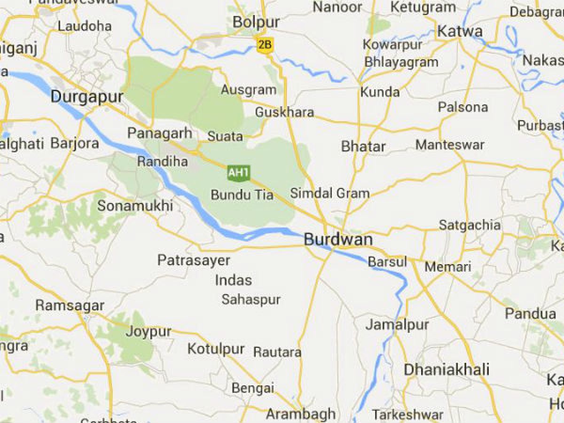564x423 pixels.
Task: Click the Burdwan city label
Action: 338,240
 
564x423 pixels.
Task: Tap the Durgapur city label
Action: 87,97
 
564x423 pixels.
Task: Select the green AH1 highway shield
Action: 238,172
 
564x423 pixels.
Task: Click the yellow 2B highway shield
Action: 265,44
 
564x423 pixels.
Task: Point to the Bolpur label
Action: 256,22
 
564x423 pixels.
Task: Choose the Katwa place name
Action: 460,31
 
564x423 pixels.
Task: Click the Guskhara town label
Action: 284,113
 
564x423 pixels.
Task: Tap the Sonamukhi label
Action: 135,205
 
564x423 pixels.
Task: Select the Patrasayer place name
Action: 194,260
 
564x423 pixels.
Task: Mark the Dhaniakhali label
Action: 446,369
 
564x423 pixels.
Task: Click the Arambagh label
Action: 301,414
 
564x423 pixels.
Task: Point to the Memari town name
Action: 448,267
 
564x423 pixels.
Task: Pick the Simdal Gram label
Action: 329,193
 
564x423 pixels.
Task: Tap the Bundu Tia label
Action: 242,195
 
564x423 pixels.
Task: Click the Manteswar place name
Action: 450,144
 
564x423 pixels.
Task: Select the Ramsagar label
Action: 70,305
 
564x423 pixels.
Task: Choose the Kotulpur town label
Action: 216,349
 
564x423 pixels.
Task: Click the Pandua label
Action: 531,313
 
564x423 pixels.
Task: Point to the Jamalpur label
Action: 397,324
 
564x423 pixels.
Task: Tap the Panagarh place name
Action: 160,133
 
